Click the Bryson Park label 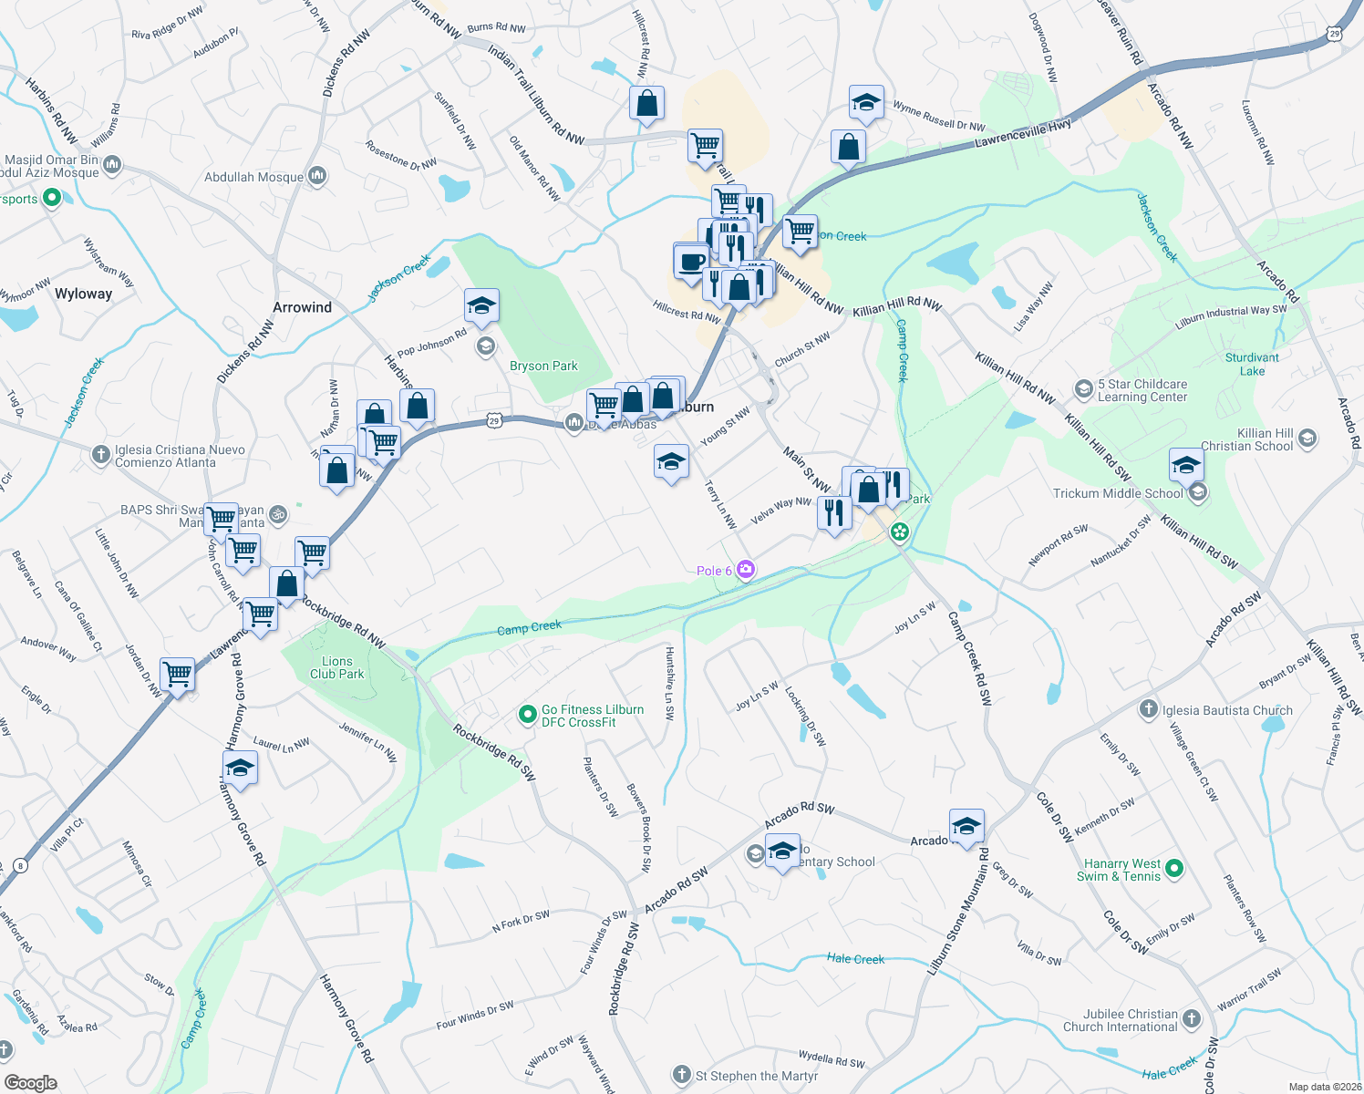(543, 366)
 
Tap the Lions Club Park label (336, 667)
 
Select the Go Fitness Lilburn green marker (527, 716)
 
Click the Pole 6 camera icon (747, 570)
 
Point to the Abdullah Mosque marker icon (317, 175)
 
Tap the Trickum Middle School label (1118, 493)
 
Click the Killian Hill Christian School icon (1307, 439)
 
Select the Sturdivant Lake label (1252, 364)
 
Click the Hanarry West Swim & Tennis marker (1174, 869)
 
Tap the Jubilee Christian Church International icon (1192, 1018)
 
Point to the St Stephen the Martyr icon (682, 1075)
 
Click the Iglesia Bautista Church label (1227, 710)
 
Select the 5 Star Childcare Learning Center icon (1083, 389)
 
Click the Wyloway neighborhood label (83, 294)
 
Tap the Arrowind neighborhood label (302, 307)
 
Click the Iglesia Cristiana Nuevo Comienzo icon (101, 453)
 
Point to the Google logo (30, 1082)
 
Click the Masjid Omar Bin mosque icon (113, 165)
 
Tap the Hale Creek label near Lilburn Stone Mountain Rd (855, 958)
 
